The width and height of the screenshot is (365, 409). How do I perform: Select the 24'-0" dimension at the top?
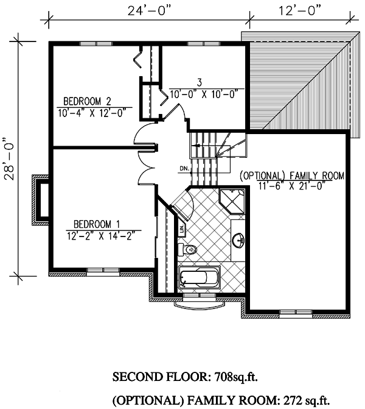click(149, 11)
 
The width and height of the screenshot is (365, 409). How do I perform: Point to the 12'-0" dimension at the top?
click(299, 11)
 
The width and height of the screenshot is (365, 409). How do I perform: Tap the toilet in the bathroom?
click(188, 249)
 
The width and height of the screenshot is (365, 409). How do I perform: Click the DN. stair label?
click(185, 168)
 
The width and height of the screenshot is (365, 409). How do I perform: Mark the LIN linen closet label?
click(182, 229)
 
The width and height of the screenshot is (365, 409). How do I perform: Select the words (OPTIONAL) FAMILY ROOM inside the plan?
click(293, 176)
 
